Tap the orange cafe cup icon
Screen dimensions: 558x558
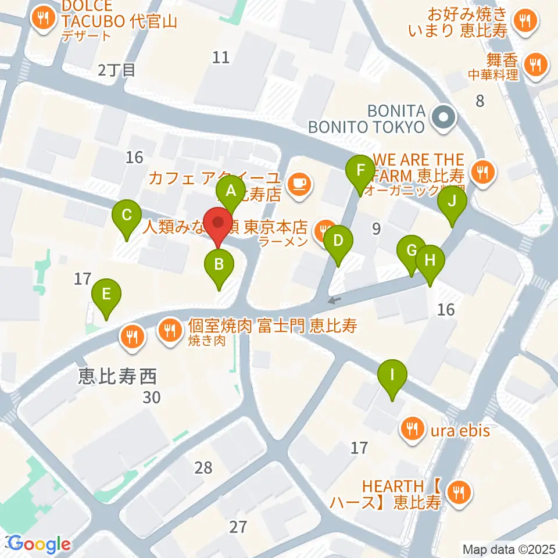299,184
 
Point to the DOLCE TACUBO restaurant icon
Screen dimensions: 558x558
44,18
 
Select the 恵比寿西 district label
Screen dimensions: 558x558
117,378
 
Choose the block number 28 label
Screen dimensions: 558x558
203,467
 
